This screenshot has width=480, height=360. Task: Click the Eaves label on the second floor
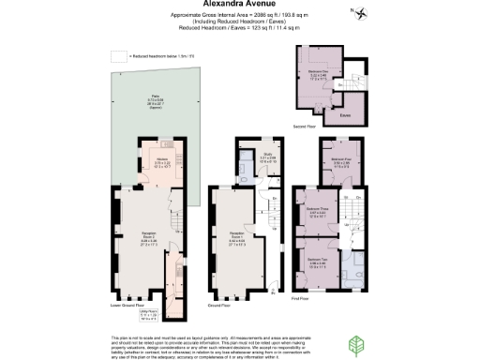(358, 113)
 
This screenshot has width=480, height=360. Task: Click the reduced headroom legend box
(118, 57)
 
